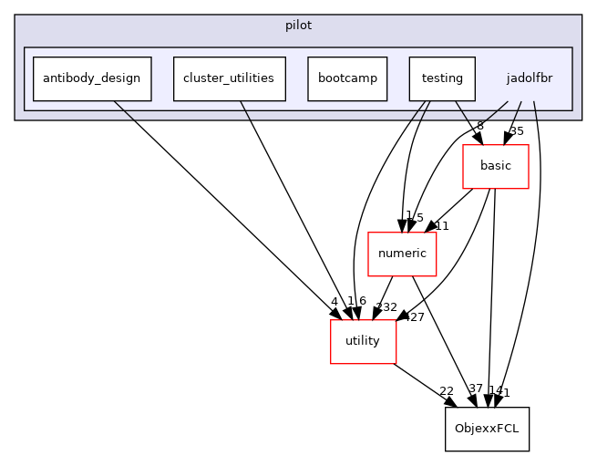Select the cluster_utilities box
click(x=229, y=78)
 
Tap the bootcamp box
click(x=347, y=78)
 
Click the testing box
click(x=442, y=78)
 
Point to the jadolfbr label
click(x=529, y=78)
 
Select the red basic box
click(x=496, y=166)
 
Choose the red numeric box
click(x=401, y=254)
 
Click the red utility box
click(x=363, y=341)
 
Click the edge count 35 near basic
click(x=517, y=131)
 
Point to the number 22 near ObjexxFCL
click(x=447, y=391)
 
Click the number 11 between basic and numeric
click(x=442, y=225)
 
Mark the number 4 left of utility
click(x=335, y=302)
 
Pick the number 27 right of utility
click(x=417, y=317)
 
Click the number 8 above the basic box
click(x=480, y=126)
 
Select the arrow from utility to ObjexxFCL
click(x=424, y=385)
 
